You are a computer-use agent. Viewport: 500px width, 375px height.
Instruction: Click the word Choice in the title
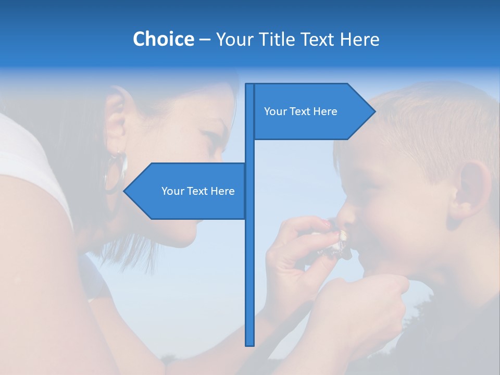point(163,40)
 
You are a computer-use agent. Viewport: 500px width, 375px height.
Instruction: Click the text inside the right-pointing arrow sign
point(301,111)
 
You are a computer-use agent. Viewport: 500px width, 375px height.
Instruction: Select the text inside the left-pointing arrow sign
point(198,191)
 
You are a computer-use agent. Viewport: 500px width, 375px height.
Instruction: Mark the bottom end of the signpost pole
point(250,344)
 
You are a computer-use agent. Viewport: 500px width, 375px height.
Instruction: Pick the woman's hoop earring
point(116,172)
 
